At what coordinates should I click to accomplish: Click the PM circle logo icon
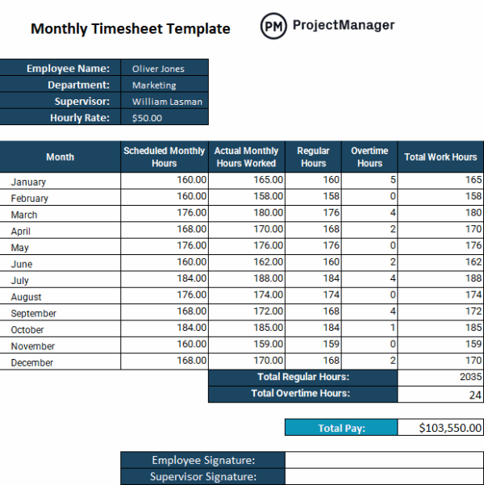pos(274,26)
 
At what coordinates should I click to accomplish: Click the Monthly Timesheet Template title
pos(130,29)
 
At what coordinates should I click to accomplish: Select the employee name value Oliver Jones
pos(158,69)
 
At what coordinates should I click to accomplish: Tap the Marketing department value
pos(154,85)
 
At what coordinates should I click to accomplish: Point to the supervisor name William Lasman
pos(167,102)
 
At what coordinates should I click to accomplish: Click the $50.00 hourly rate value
pos(147,118)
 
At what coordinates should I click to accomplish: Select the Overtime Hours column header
pos(369,157)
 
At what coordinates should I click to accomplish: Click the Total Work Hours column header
pos(440,157)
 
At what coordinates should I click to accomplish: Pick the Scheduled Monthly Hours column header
pos(165,157)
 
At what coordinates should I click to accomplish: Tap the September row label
pos(34,313)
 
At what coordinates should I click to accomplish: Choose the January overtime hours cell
pos(370,181)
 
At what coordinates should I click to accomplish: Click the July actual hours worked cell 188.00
pos(248,279)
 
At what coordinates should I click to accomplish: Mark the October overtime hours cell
pos(370,328)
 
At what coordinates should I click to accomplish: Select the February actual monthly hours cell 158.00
pos(248,197)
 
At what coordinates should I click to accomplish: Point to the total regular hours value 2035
pos(440,378)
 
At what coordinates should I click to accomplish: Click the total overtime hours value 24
pos(440,394)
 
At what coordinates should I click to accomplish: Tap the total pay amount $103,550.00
pos(440,429)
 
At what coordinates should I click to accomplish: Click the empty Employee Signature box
pos(384,460)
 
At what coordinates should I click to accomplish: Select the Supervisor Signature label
pos(202,476)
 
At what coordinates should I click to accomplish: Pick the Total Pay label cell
pos(341,429)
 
